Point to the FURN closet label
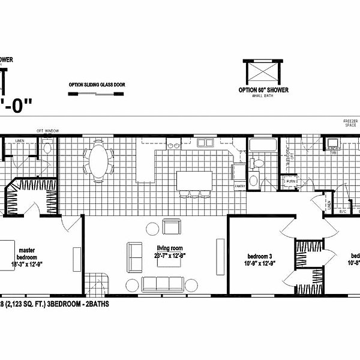[x=291, y=181]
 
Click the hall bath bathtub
[x=262, y=146]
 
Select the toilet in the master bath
[x=49, y=147]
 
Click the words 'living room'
[x=170, y=248]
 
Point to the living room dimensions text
[x=170, y=256]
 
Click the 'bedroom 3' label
[x=260, y=256]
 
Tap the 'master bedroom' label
[x=28, y=253]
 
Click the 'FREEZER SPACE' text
[x=351, y=124]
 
